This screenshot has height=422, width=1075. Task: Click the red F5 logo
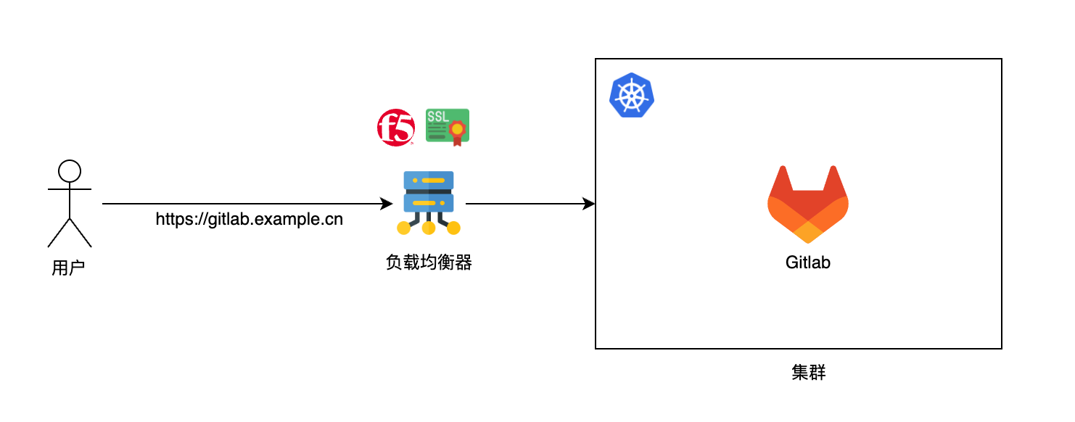(x=395, y=128)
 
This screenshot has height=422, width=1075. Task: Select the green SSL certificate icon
(x=447, y=126)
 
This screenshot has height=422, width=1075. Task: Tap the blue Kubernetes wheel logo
(x=631, y=96)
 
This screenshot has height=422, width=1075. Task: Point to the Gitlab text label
(x=807, y=262)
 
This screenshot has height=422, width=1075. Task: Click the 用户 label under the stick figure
(x=69, y=268)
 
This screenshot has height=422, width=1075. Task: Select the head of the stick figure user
(x=69, y=171)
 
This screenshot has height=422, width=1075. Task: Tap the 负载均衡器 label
(x=429, y=262)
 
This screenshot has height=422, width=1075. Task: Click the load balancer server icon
(x=429, y=192)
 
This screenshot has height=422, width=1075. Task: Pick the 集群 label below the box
(x=808, y=373)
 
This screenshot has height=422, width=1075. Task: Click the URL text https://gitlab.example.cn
(x=250, y=219)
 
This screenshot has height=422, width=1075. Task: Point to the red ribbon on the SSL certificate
(x=457, y=136)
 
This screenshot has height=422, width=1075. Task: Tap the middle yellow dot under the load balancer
(x=429, y=228)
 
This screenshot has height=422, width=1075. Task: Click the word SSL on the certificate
(x=437, y=116)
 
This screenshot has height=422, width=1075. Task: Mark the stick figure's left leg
(x=59, y=232)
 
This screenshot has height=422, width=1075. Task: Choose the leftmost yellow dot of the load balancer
(x=404, y=228)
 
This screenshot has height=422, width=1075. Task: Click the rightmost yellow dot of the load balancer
(x=453, y=228)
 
